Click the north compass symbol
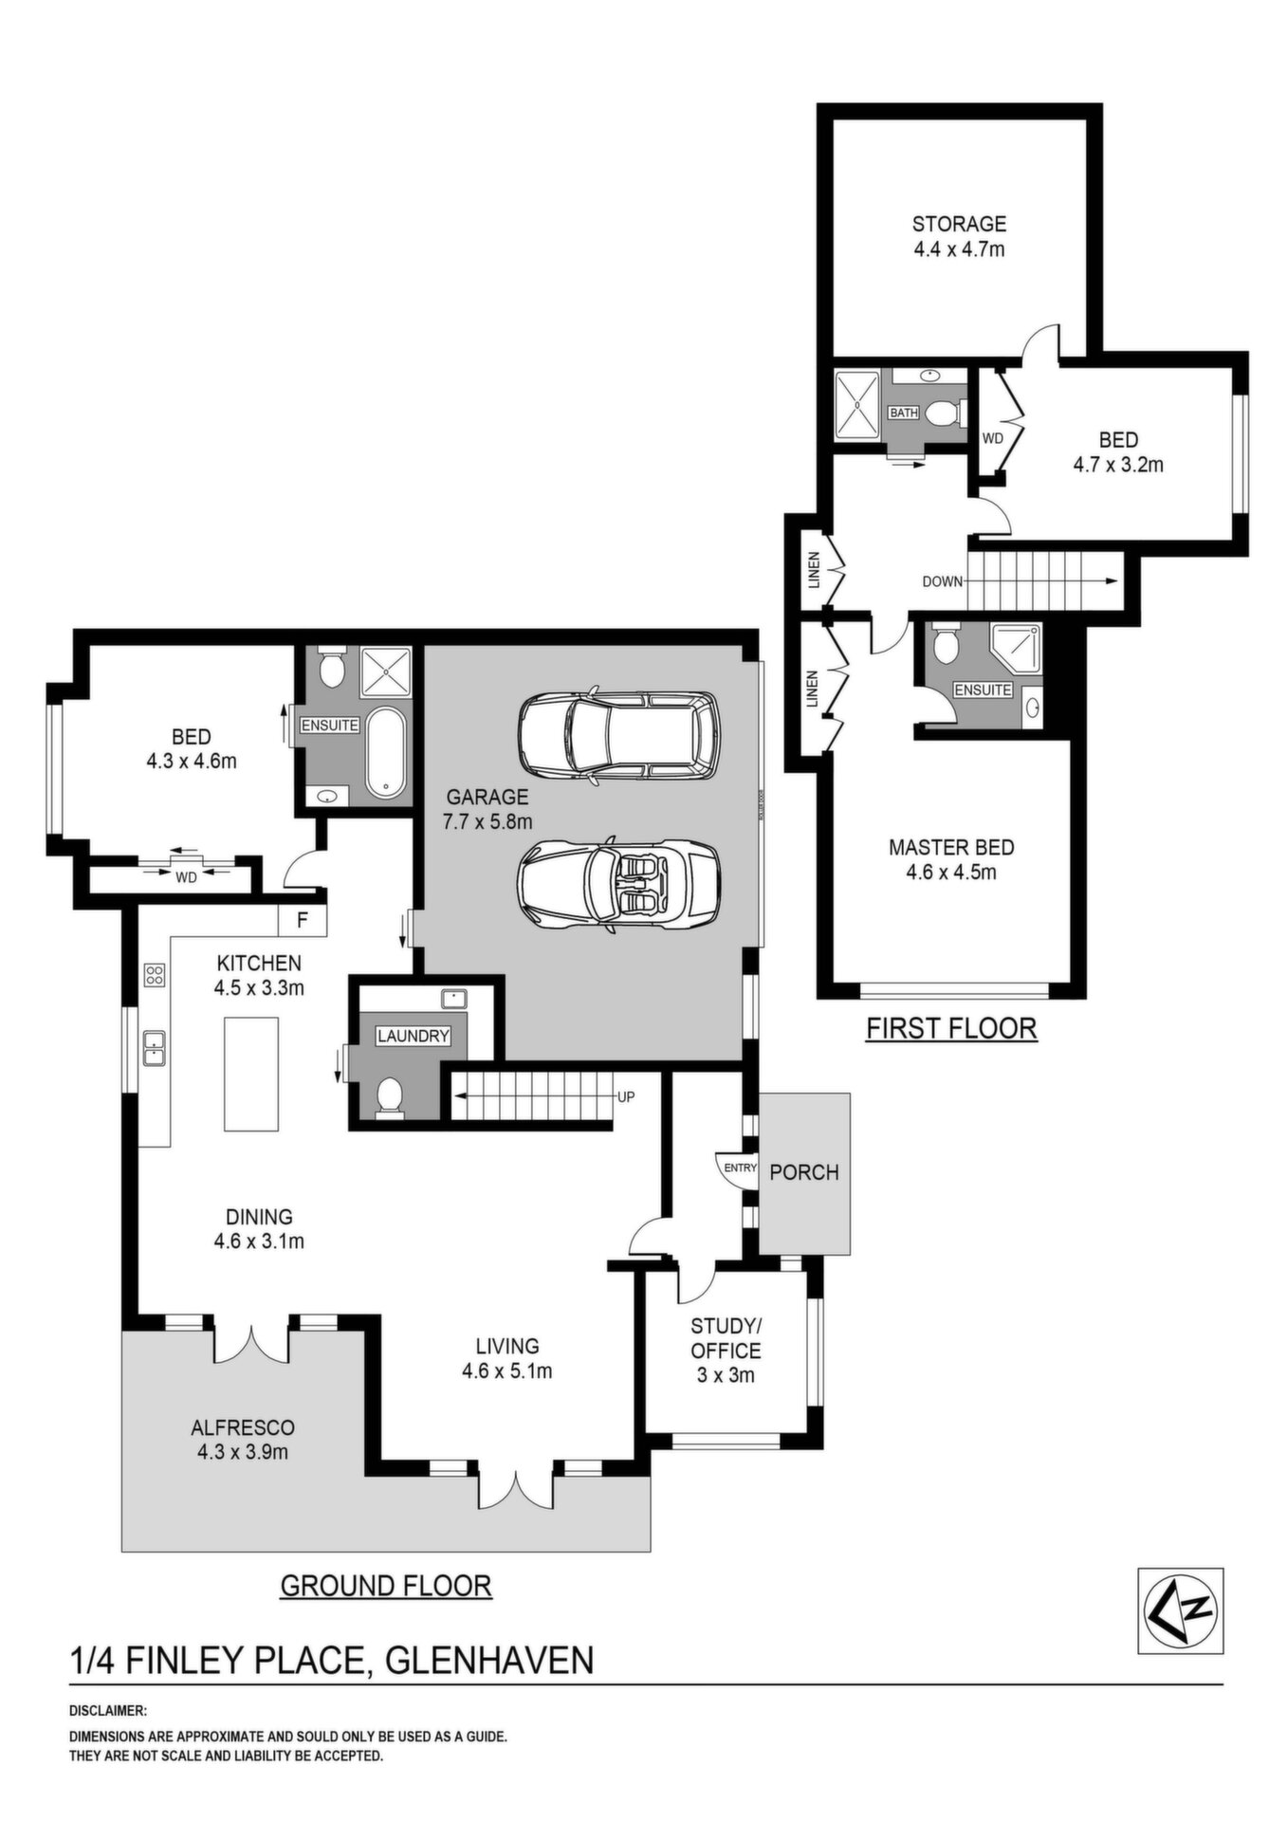(1180, 1610)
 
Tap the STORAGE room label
(959, 224)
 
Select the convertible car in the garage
(619, 883)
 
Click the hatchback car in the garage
(619, 735)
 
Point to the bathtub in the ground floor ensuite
(387, 753)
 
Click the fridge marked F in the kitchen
(303, 919)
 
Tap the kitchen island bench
(251, 1074)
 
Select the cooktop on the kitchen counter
(154, 975)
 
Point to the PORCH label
(804, 1172)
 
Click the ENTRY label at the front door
(740, 1168)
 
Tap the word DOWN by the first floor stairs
(943, 581)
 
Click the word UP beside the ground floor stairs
(626, 1097)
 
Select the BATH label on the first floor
(904, 413)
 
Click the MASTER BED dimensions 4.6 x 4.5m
(951, 872)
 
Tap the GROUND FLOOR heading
(386, 1585)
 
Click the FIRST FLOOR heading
(952, 1027)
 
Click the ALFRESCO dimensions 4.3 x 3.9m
(243, 1452)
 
